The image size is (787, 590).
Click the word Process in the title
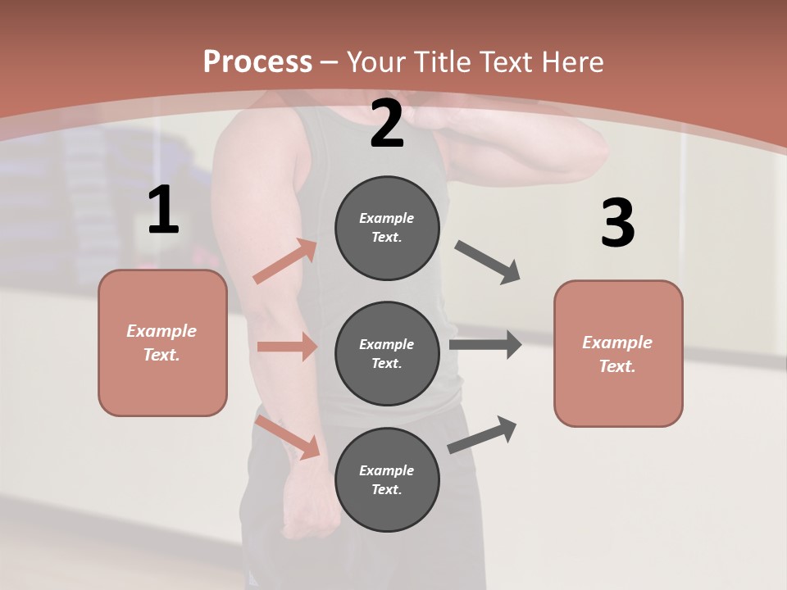point(257,62)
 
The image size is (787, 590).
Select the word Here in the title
point(565,62)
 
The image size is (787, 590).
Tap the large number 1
point(163,211)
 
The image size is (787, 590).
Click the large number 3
point(617,224)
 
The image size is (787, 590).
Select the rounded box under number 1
point(162,343)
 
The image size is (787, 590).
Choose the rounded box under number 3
point(618,354)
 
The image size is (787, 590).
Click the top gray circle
point(387,228)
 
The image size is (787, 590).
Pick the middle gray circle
point(387,354)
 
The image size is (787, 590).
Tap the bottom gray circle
point(387,480)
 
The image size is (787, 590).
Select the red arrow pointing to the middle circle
point(287,347)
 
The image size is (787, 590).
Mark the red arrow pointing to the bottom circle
point(288,437)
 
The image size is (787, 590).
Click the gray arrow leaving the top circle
point(488,262)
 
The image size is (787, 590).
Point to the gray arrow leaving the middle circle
point(485,344)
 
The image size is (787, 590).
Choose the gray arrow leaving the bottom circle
point(482,434)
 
